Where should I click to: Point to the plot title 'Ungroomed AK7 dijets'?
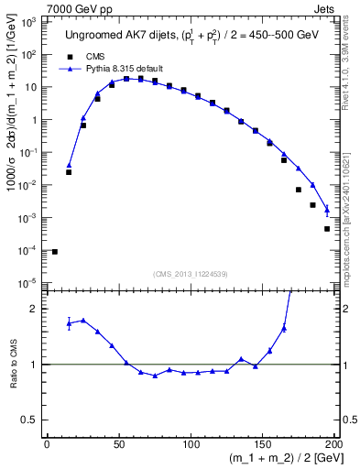(x=117, y=37)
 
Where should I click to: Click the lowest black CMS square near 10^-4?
(x=55, y=251)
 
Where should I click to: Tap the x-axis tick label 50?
(x=118, y=445)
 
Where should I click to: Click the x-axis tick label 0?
(x=47, y=445)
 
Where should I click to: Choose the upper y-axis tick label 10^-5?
(x=27, y=282)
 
